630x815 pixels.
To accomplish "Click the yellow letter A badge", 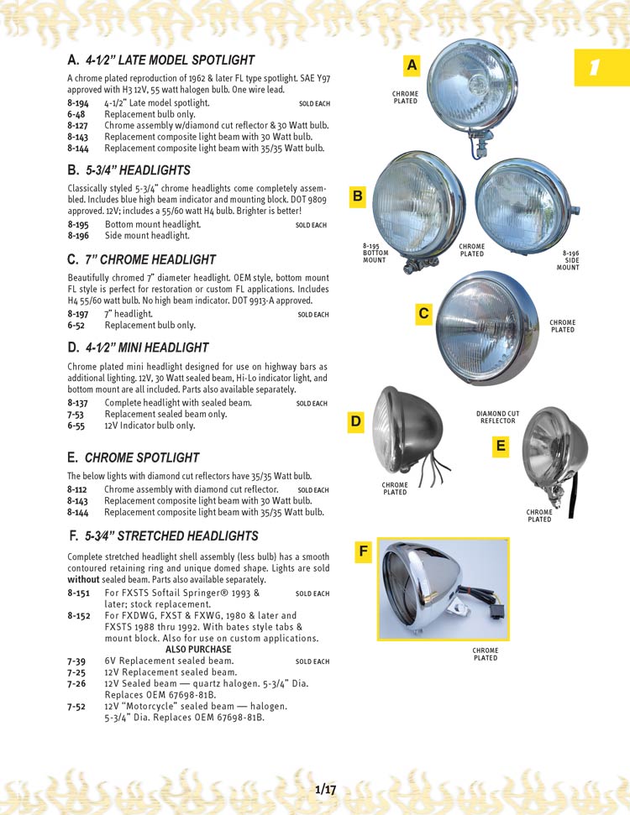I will pyautogui.click(x=412, y=66).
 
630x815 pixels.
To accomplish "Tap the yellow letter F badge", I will pyautogui.click(x=364, y=551).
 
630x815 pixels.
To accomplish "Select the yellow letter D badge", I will pyautogui.click(x=356, y=423).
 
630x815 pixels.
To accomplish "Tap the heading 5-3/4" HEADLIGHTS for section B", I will pyautogui.click(x=139, y=170).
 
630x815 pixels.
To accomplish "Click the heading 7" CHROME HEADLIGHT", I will pyautogui.click(x=150, y=259).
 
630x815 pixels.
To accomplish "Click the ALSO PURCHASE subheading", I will pyautogui.click(x=198, y=650).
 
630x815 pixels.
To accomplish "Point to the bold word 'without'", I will pyautogui.click(x=83, y=580).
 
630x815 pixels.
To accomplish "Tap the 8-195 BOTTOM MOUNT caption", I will pyautogui.click(x=375, y=253).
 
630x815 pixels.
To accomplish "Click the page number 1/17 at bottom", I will pyautogui.click(x=326, y=789).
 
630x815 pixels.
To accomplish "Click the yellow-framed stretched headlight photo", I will pyautogui.click(x=444, y=588).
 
